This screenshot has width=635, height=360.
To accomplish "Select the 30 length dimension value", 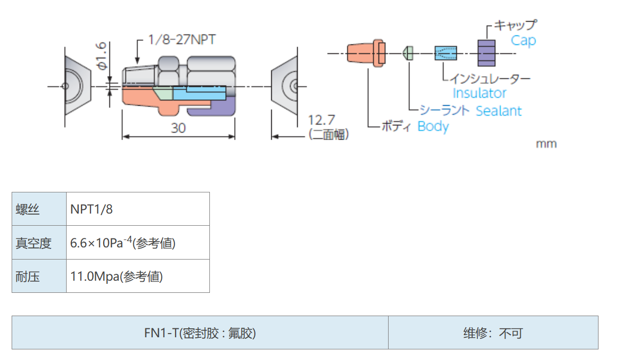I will (x=178, y=128).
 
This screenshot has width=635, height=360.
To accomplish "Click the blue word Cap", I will (x=523, y=41).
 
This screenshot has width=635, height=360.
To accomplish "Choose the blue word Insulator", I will (x=480, y=93).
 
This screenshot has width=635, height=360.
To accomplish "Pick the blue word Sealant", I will (x=498, y=111).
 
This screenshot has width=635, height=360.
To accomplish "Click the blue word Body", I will (x=432, y=126).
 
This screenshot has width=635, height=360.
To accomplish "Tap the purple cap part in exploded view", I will (x=486, y=53).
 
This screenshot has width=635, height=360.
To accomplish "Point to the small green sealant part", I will (x=409, y=53).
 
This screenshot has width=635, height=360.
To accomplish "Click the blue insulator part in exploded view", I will (x=445, y=53).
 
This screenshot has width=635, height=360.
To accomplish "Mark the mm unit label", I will (x=546, y=144).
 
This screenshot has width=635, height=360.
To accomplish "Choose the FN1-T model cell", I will (x=200, y=333).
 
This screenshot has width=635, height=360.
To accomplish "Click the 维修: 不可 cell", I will (x=493, y=333).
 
